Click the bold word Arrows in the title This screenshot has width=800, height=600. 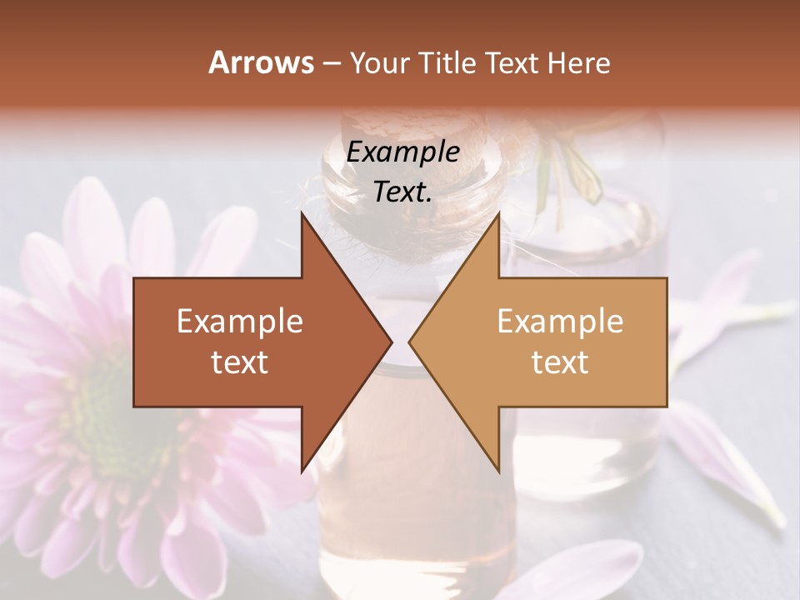pos(261,62)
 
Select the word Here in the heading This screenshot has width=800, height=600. pos(578,62)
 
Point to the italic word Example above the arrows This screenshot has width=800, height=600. pos(402,152)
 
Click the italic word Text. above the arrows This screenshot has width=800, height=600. pos(402,192)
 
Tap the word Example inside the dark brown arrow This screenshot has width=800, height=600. pos(240,322)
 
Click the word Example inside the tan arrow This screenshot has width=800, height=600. pos(560,322)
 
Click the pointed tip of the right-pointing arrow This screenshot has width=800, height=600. pos(392,342)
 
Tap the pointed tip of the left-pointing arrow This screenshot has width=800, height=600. pos(409,342)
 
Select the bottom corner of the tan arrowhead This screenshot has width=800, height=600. pos(498,472)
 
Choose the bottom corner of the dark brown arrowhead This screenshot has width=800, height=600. pos(302,472)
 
